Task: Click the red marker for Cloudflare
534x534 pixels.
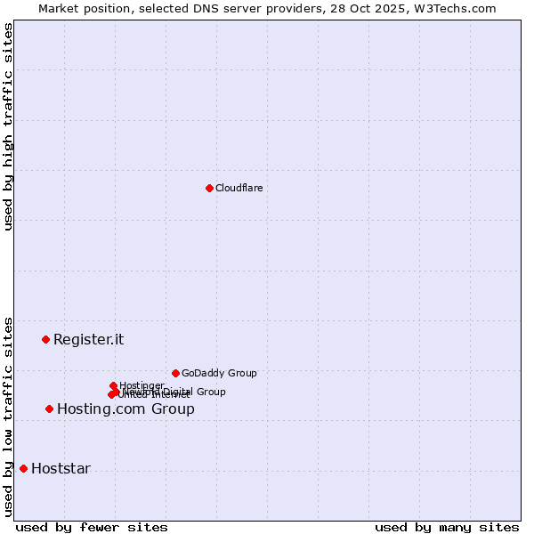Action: [209, 188]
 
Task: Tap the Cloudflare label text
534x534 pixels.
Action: [239, 188]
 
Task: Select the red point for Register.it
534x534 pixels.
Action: [45, 339]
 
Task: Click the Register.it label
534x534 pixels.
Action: [88, 339]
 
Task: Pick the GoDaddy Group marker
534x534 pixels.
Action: [175, 373]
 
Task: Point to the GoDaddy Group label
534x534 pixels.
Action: [219, 373]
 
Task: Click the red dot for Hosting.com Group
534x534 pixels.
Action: [49, 409]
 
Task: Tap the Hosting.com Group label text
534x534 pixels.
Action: [125, 409]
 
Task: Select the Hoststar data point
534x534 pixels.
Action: [23, 468]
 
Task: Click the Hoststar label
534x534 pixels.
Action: [61, 469]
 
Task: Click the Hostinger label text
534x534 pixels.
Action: [142, 385]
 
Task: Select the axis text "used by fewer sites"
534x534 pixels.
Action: [92, 527]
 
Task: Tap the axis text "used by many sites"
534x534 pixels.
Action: [447, 527]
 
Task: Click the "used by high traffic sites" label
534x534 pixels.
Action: [9, 126]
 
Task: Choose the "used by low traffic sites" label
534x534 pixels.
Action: [9, 416]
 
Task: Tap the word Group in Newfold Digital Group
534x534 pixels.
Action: [211, 392]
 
